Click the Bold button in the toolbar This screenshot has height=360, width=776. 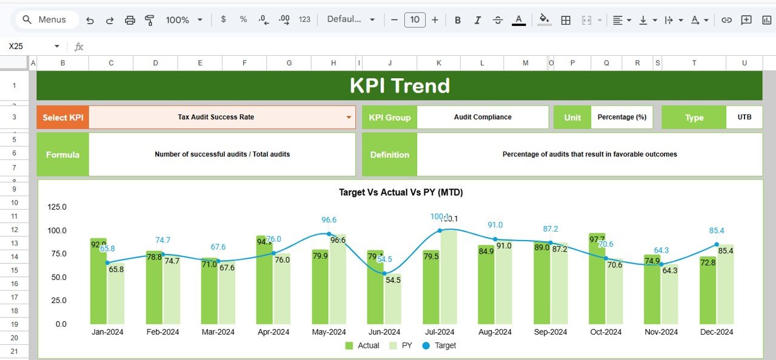[x=458, y=20]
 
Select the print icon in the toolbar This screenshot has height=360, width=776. [x=130, y=20]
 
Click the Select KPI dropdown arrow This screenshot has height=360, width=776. [x=349, y=118]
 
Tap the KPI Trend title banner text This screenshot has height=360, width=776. [x=400, y=85]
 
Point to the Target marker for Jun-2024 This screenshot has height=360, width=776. [x=384, y=273]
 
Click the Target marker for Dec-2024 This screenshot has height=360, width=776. [x=717, y=245]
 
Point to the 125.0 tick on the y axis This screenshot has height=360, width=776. [x=57, y=207]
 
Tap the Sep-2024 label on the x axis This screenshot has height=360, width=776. [x=550, y=332]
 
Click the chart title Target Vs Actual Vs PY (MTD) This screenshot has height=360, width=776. [x=401, y=192]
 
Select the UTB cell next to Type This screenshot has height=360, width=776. [x=744, y=118]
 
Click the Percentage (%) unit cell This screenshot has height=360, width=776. [x=621, y=118]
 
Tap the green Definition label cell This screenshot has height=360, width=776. [x=389, y=155]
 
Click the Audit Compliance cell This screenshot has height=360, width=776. [x=483, y=118]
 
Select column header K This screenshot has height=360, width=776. [x=439, y=63]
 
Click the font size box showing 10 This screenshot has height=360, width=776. [x=415, y=20]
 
